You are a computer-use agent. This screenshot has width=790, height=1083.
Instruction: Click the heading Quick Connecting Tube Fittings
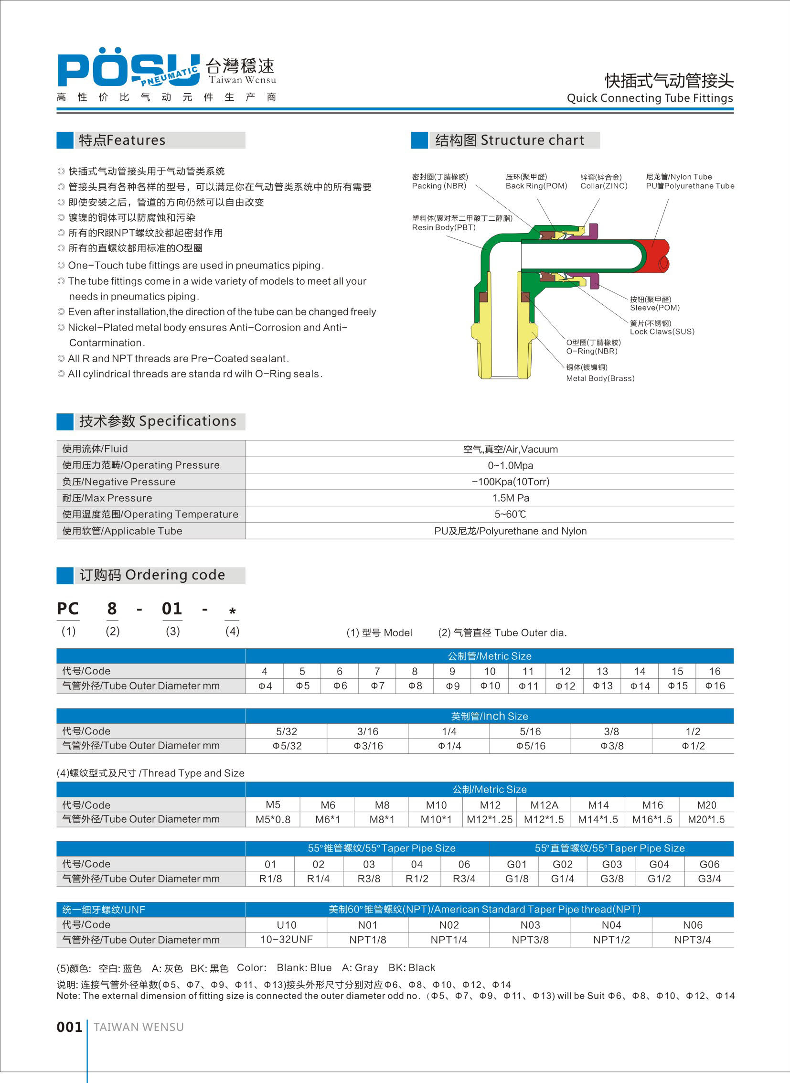(650, 98)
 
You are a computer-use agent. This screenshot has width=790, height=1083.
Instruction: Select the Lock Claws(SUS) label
(662, 332)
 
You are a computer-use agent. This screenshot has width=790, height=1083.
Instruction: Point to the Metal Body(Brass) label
(600, 378)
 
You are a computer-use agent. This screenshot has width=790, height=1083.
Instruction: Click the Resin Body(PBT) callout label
(444, 228)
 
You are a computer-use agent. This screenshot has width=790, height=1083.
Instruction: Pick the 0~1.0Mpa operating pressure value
(510, 465)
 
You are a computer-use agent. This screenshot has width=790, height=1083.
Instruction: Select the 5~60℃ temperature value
(510, 514)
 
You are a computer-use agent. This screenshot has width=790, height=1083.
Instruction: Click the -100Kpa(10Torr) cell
(510, 482)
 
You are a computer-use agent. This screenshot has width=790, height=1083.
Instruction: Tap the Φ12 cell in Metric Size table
(565, 686)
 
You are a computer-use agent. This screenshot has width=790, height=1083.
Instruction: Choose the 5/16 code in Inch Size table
(530, 731)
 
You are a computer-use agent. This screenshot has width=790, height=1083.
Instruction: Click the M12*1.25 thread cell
(490, 819)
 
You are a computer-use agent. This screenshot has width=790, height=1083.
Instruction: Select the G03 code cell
(612, 864)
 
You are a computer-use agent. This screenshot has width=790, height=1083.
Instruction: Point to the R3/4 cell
(464, 879)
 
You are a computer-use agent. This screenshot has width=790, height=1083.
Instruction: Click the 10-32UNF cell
(287, 940)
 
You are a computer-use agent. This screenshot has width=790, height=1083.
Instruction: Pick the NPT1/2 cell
(611, 940)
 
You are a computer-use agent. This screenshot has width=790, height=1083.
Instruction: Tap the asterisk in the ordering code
(233, 611)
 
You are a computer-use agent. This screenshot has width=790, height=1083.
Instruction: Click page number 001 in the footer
(69, 1027)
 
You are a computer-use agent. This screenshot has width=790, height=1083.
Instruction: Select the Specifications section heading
(158, 421)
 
